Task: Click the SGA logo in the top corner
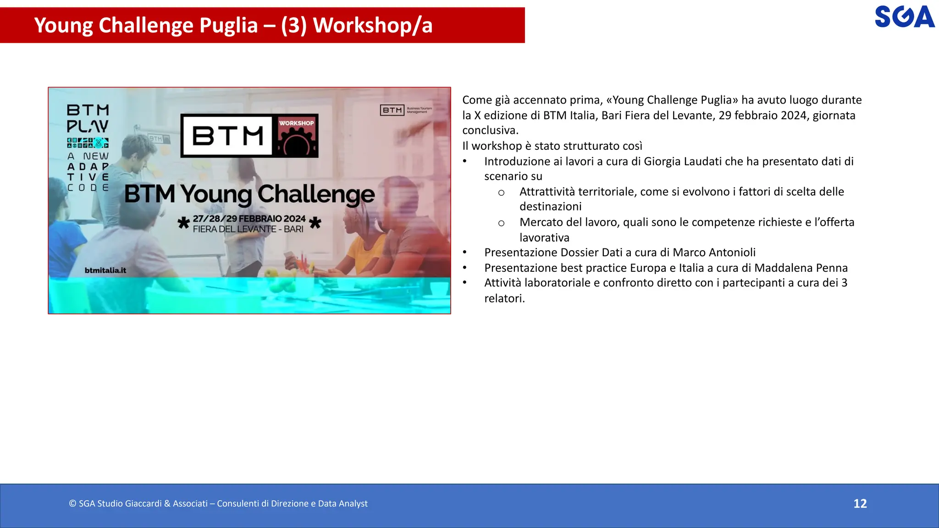pos(904,17)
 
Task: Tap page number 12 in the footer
pos(860,504)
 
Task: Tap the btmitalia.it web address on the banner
pos(105,270)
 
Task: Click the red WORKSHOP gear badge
pos(297,136)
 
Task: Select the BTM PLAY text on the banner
pos(88,118)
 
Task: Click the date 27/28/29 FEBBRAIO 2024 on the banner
pos(249,219)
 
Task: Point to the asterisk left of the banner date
pos(183,224)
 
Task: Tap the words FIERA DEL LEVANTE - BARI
pos(248,229)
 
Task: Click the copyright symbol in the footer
pos(72,504)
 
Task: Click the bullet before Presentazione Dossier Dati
pos(464,253)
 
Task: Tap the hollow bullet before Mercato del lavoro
pos(501,223)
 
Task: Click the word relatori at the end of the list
pos(503,298)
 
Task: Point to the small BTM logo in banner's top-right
pos(392,110)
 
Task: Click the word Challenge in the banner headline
pos(316,194)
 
